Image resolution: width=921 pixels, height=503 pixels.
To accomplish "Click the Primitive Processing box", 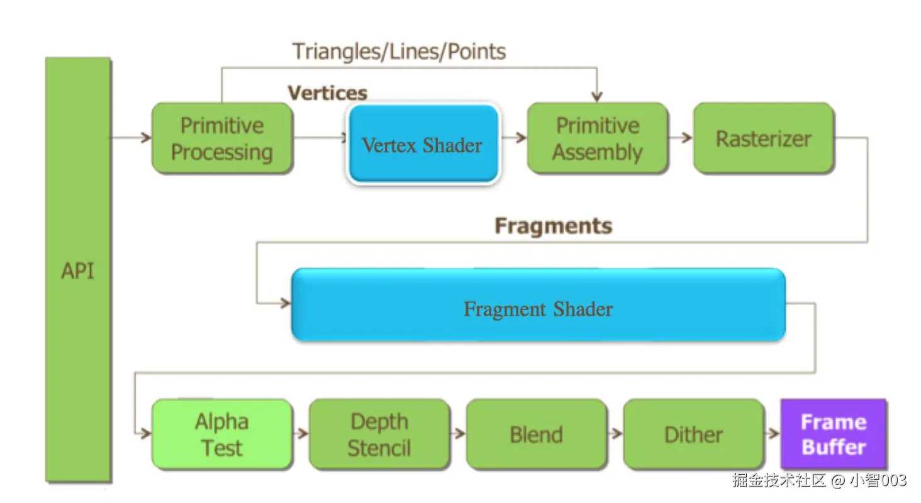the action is (x=223, y=138).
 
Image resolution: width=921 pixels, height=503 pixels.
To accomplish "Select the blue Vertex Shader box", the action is (x=423, y=143).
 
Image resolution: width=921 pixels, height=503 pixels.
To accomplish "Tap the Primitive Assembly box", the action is (x=598, y=138).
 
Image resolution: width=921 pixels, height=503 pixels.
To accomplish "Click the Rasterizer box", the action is (x=764, y=138).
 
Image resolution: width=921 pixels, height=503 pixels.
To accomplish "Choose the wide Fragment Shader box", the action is (x=539, y=304).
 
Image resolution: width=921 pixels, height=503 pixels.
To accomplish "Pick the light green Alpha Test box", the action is (x=222, y=434).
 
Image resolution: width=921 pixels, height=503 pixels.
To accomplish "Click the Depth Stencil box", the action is (x=379, y=434).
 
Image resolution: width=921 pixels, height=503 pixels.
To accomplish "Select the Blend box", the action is (x=537, y=434).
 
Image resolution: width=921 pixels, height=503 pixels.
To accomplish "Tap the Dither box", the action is (x=694, y=434).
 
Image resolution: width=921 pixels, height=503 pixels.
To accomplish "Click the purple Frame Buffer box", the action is (x=834, y=434).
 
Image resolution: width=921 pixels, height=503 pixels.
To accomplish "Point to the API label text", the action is (x=77, y=271).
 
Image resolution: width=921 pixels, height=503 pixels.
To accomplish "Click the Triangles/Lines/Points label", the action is (x=399, y=52).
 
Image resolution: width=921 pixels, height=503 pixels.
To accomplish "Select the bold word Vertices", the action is (x=327, y=93).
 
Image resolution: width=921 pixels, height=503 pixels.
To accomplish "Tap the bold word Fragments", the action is (x=554, y=226).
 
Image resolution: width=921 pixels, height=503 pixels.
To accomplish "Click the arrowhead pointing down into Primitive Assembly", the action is (x=597, y=97).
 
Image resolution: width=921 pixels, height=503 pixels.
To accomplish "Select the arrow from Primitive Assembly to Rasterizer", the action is (x=681, y=138).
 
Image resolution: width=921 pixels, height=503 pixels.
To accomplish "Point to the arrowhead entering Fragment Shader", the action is (x=286, y=304).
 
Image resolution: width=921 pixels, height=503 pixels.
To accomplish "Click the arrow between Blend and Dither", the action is (x=615, y=433).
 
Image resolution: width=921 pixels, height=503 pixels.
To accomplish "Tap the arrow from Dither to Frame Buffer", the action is (x=772, y=433).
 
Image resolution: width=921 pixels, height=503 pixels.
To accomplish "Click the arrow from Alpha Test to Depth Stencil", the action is (x=301, y=433).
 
